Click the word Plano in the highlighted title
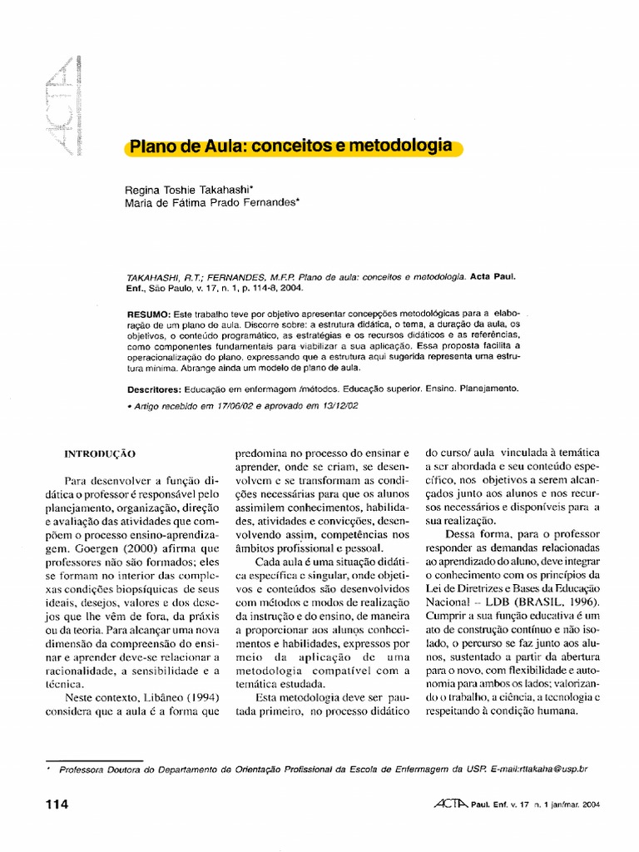coord(148,148)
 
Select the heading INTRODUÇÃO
coord(100,454)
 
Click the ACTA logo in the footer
coord(452,804)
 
